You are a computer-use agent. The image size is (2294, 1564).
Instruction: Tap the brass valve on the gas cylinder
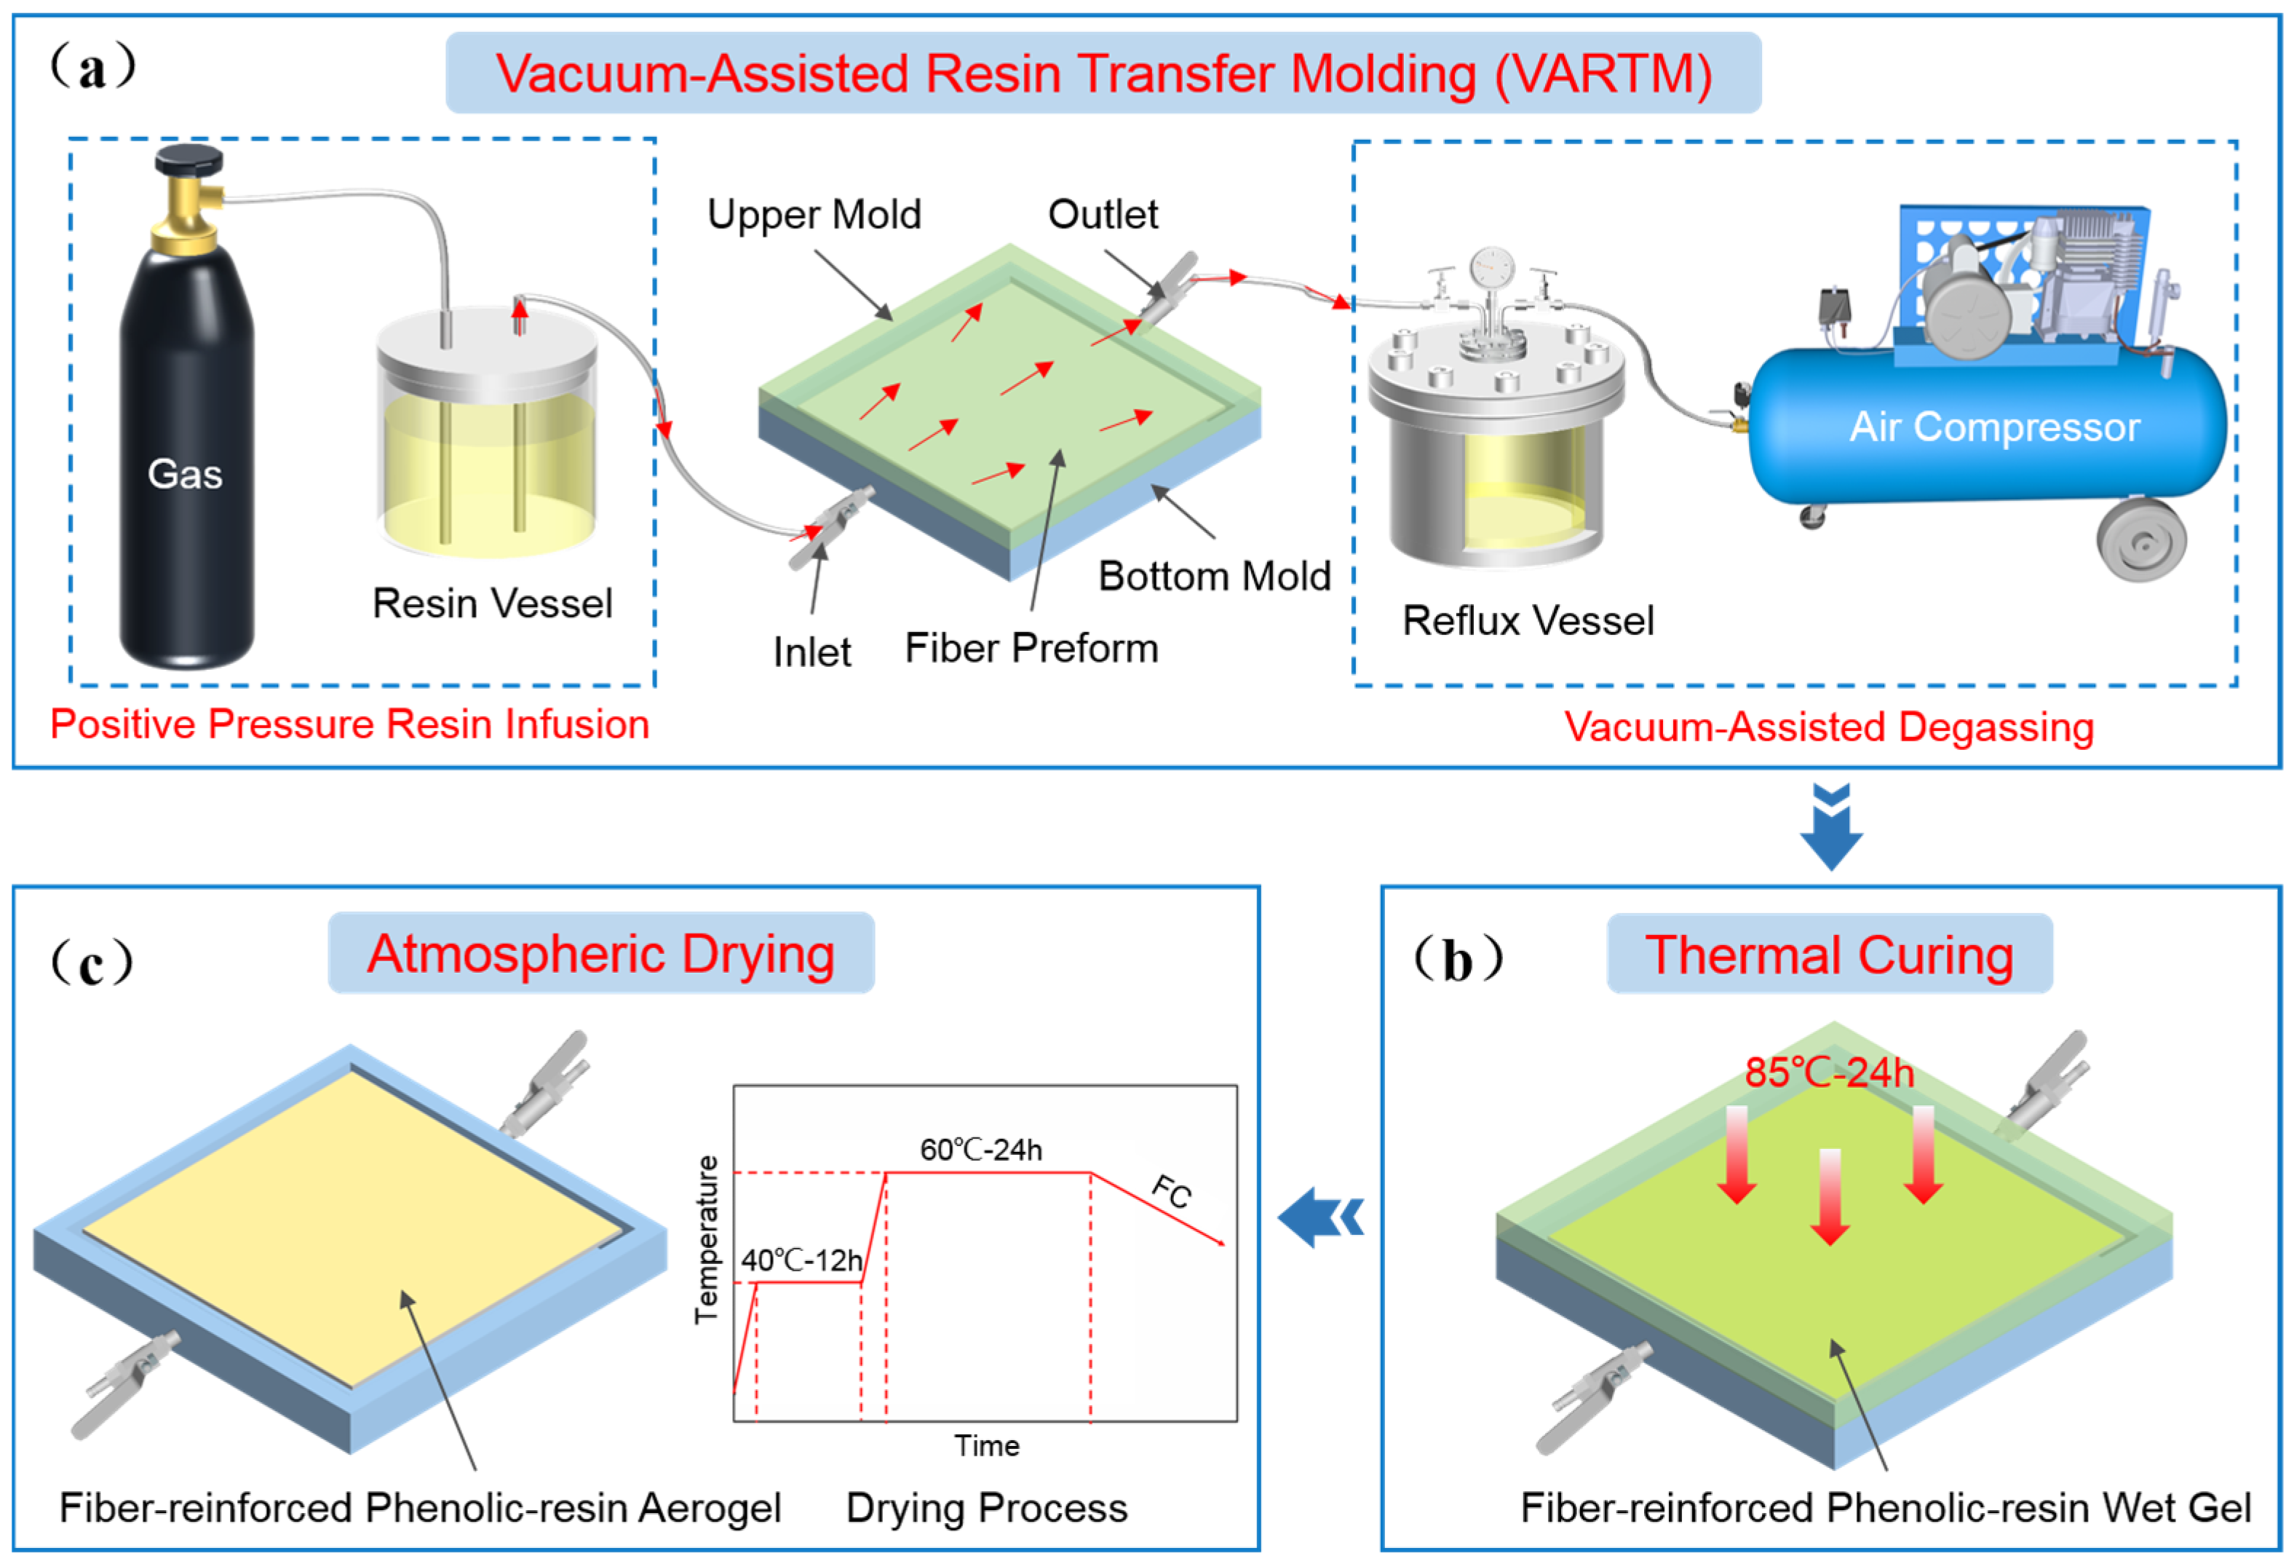tap(188, 202)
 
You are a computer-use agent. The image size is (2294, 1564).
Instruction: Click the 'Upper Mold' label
tap(814, 214)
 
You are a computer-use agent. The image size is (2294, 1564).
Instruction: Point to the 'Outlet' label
tap(1103, 214)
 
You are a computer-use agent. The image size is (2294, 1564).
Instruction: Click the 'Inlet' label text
tap(811, 652)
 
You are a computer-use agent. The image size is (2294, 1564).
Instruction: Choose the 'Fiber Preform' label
tap(1031, 649)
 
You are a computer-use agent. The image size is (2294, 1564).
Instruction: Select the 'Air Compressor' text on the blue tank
tap(1994, 427)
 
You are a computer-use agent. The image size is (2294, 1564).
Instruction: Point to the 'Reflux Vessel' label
tap(1528, 620)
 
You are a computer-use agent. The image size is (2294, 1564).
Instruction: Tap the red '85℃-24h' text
tap(1829, 1073)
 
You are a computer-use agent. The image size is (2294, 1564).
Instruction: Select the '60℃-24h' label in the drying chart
tap(981, 1149)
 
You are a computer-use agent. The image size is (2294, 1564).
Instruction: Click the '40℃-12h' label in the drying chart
tap(801, 1260)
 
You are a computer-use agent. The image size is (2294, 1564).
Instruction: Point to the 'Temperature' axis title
tap(707, 1240)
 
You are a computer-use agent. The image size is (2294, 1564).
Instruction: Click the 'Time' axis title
tap(986, 1445)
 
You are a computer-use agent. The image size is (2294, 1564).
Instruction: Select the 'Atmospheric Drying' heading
tap(601, 954)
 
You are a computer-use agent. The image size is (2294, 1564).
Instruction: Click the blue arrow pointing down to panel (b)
tap(1831, 826)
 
